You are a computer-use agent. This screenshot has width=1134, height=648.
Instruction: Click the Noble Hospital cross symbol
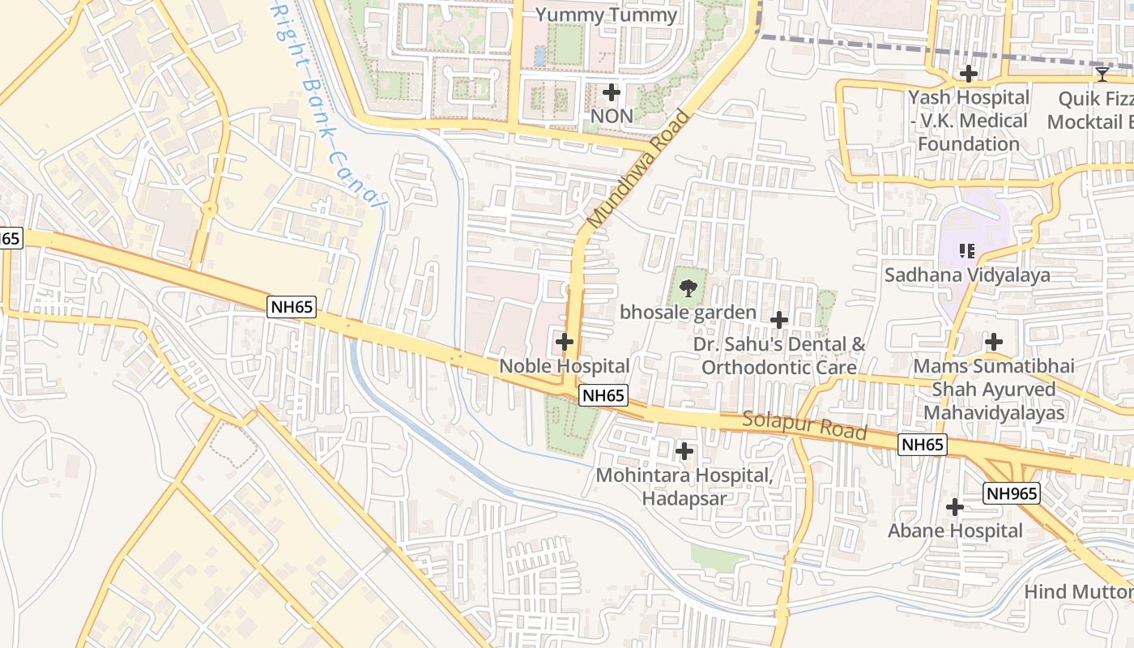click(565, 342)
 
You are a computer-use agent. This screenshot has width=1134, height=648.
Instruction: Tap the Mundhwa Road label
click(639, 168)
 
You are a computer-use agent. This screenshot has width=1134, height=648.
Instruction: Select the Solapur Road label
click(804, 425)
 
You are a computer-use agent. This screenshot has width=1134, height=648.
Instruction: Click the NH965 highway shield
click(1012, 493)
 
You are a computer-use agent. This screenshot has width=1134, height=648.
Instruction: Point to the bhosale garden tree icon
click(688, 288)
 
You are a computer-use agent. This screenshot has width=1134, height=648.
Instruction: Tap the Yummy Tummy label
click(607, 15)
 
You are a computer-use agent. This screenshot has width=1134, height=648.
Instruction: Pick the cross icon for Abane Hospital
click(955, 507)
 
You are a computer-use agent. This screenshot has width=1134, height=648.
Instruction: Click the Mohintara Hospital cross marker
click(684, 450)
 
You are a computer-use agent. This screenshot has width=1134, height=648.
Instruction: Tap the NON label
click(612, 116)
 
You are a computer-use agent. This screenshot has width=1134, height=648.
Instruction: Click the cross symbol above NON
click(612, 92)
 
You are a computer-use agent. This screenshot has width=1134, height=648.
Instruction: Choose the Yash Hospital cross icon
click(968, 74)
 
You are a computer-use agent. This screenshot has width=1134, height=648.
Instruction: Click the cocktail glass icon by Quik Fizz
click(1102, 75)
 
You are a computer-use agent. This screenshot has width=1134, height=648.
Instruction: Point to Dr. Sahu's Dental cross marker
click(778, 320)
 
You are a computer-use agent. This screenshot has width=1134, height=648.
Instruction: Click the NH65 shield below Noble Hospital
click(603, 395)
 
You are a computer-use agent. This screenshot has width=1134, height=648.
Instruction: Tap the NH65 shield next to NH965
click(923, 444)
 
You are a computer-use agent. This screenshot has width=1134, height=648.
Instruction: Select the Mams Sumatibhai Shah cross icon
click(993, 342)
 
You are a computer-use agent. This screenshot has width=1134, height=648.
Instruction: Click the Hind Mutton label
click(1078, 592)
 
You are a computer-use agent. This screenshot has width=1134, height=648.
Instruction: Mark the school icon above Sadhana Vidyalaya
click(966, 251)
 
